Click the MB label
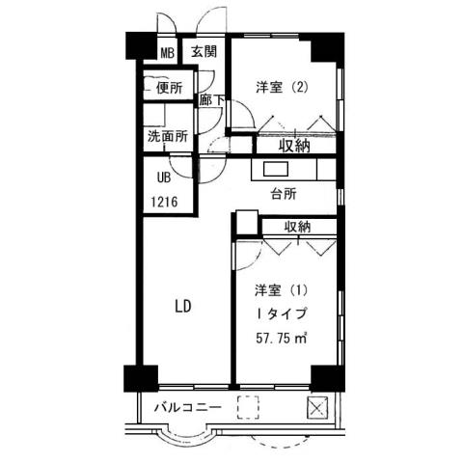[x=168, y=52]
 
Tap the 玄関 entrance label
[x=203, y=52]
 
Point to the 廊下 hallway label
[x=211, y=99]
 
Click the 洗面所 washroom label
[x=167, y=137]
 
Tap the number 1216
[x=166, y=203]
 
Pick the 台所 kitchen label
[x=284, y=194]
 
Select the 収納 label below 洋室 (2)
[x=294, y=146]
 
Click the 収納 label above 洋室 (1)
[x=298, y=227]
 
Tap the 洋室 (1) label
[x=282, y=289]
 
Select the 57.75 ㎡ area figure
[x=282, y=338]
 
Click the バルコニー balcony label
[x=188, y=408]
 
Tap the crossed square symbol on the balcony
[x=316, y=406]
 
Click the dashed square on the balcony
[x=249, y=407]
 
